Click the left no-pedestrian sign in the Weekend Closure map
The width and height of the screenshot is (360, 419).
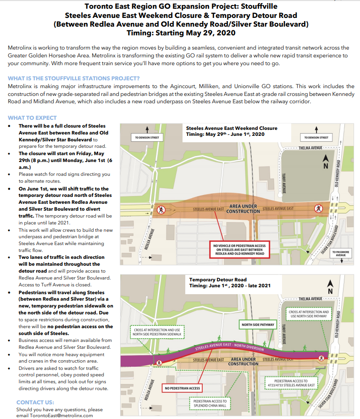click(x=161, y=210)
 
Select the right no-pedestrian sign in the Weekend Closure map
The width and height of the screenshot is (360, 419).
click(x=317, y=209)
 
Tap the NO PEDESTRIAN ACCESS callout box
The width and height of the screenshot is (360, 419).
click(x=182, y=388)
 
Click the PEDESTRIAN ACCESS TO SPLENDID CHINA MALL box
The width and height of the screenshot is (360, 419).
click(x=210, y=403)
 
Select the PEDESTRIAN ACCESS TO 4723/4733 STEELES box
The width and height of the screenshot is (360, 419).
click(x=295, y=383)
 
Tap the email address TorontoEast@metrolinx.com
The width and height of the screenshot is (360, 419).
click(x=55, y=415)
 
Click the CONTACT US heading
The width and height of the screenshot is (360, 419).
click(x=35, y=402)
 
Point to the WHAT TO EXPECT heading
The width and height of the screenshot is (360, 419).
click(x=32, y=118)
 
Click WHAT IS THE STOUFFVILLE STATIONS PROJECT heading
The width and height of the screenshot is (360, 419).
click(x=74, y=78)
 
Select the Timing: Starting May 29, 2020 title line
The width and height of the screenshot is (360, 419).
click(x=181, y=33)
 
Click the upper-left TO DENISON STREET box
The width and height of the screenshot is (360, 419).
click(x=147, y=137)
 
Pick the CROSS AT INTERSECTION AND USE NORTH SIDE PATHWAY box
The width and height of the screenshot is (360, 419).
click(x=309, y=315)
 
